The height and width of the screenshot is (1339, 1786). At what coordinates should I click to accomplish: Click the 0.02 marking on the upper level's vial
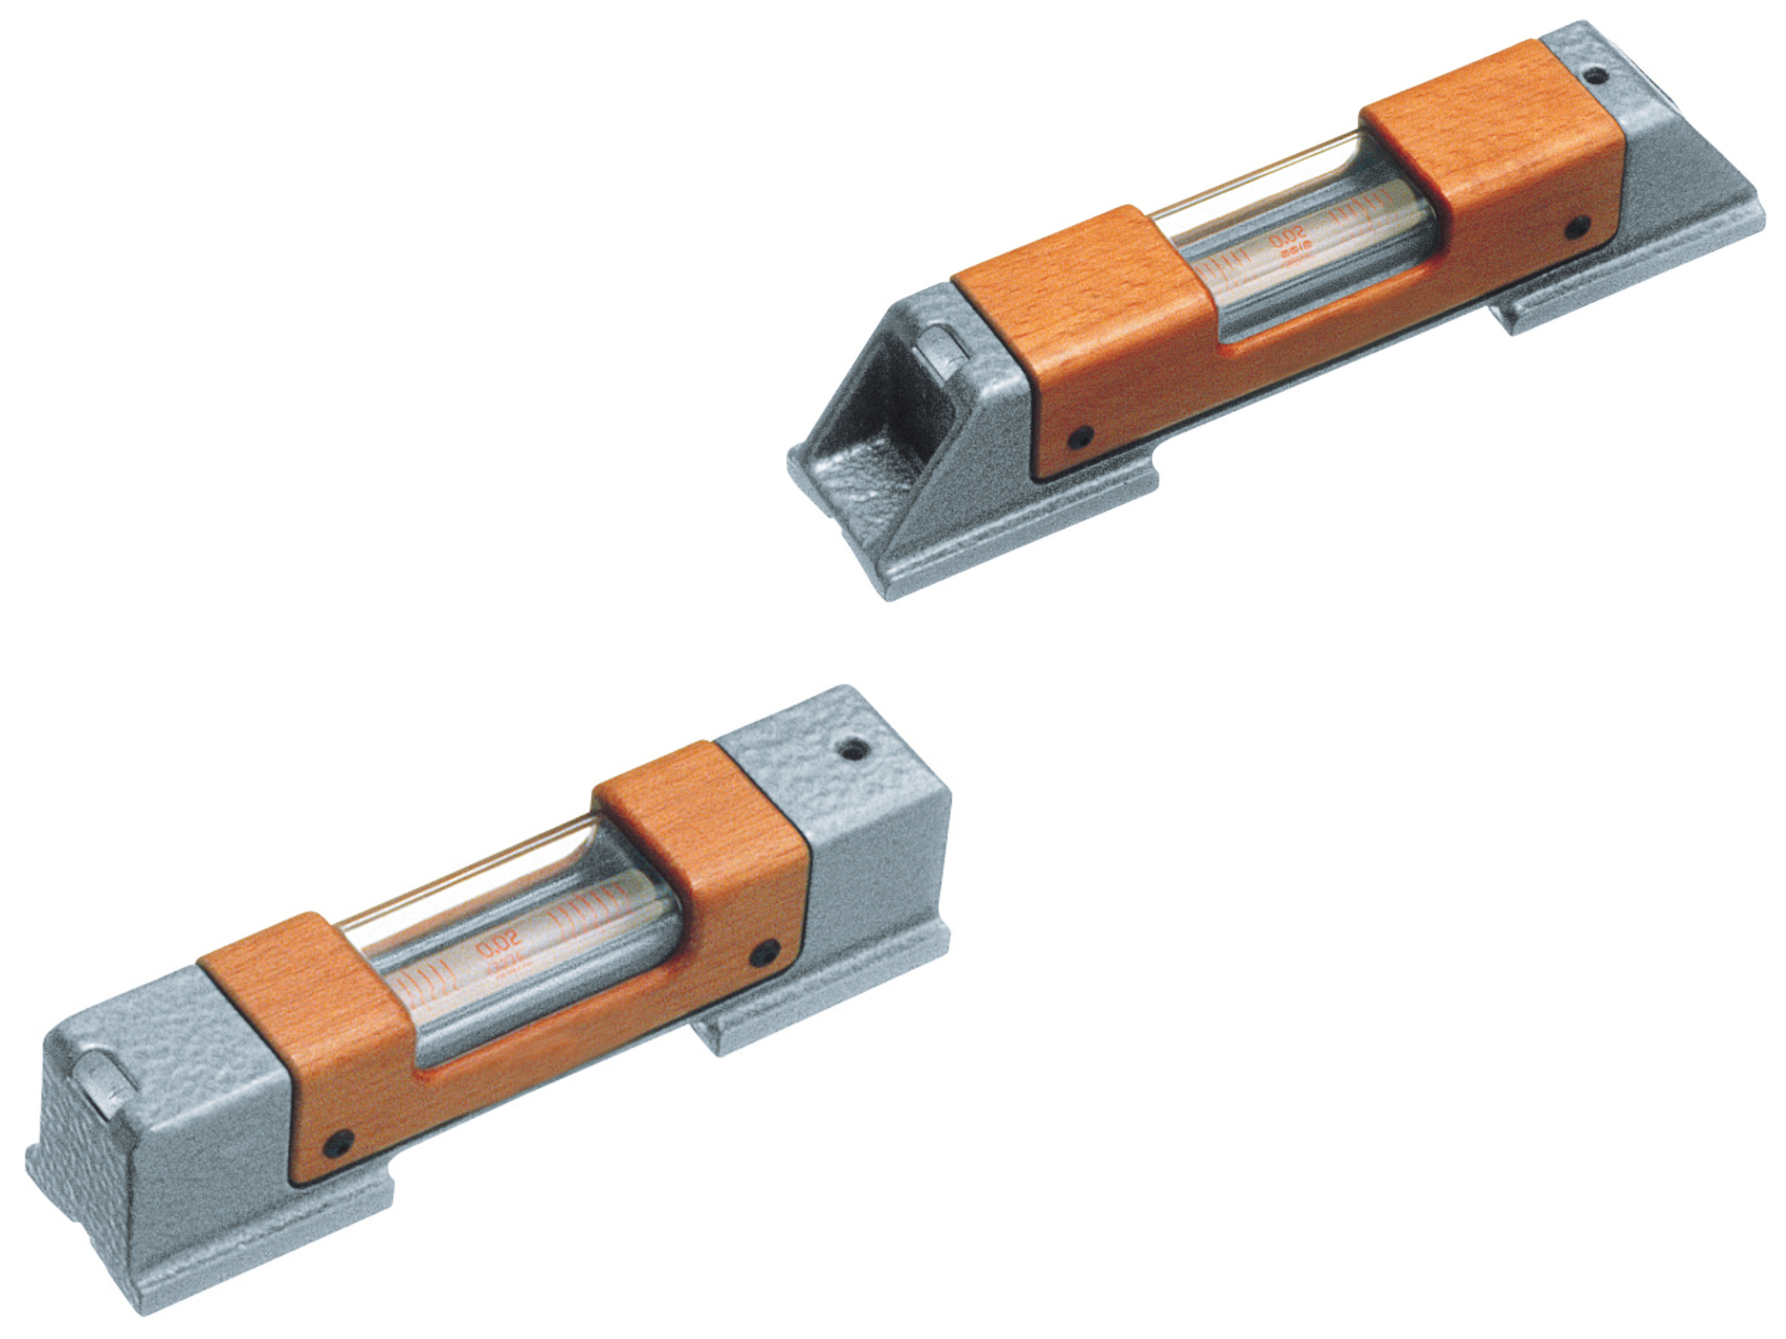(1287, 240)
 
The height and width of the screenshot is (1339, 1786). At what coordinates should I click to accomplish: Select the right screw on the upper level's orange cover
(1577, 228)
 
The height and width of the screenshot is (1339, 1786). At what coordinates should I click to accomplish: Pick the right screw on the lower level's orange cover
(763, 953)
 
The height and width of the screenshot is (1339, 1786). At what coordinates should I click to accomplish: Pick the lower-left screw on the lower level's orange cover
(338, 1142)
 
